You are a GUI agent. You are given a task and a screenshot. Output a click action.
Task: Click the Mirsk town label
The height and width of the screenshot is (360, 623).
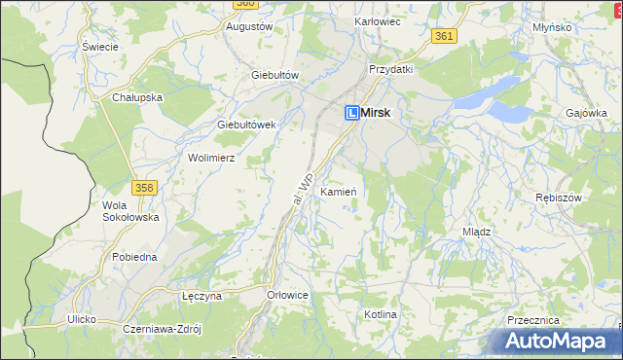(x=376, y=113)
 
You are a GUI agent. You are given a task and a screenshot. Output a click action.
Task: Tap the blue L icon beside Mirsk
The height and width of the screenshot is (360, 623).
(x=352, y=113)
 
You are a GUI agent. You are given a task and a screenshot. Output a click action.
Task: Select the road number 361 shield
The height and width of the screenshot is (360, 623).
(x=444, y=36)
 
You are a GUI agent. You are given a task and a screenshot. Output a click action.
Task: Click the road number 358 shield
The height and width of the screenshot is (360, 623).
(x=144, y=186)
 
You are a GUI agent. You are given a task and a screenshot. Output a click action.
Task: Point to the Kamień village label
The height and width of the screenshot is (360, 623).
(x=338, y=192)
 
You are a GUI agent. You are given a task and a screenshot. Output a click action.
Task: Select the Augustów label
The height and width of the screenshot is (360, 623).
(x=248, y=26)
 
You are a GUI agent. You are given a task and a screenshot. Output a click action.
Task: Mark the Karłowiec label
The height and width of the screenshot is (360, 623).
(x=379, y=20)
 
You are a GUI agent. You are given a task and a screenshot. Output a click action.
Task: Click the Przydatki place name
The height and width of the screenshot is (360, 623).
(x=390, y=69)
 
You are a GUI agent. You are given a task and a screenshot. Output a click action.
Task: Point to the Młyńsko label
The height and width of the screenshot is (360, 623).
(x=552, y=27)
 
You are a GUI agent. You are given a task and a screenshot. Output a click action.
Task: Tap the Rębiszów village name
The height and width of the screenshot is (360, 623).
(x=558, y=198)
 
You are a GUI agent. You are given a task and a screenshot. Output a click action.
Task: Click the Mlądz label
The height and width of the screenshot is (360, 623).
(x=476, y=233)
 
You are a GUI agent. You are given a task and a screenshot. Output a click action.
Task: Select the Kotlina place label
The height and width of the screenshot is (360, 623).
(x=381, y=315)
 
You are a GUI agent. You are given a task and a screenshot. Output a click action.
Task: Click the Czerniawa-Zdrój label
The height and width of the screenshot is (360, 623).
(x=162, y=329)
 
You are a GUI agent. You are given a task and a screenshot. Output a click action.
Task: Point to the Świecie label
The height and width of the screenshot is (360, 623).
(x=100, y=46)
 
